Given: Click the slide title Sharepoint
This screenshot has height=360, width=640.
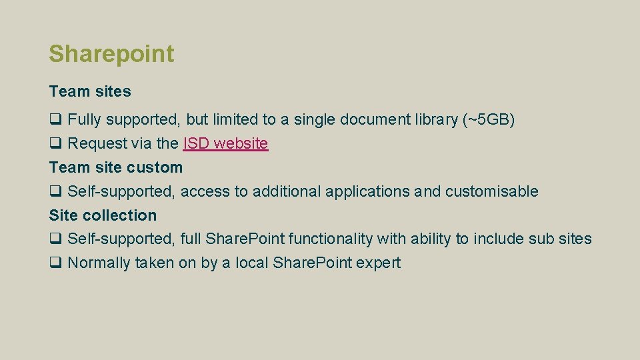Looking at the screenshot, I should (111, 54).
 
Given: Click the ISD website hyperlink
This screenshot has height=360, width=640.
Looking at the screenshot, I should (225, 143).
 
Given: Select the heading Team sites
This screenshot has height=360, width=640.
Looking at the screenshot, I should (90, 91).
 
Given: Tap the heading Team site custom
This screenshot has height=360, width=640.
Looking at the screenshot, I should (115, 167).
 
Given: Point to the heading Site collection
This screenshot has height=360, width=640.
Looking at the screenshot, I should (103, 215).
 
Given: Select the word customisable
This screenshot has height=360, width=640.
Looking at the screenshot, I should (491, 191).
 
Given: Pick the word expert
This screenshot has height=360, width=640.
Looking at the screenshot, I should (378, 263).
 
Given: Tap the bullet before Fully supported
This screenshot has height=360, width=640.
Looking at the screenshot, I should (55, 120).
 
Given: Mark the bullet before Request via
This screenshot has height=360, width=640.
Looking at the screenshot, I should (55, 144).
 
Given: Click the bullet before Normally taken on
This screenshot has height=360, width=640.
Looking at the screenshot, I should (55, 263).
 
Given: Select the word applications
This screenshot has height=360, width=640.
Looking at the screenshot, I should (367, 191).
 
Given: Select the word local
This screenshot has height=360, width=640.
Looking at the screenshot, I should (251, 263).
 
